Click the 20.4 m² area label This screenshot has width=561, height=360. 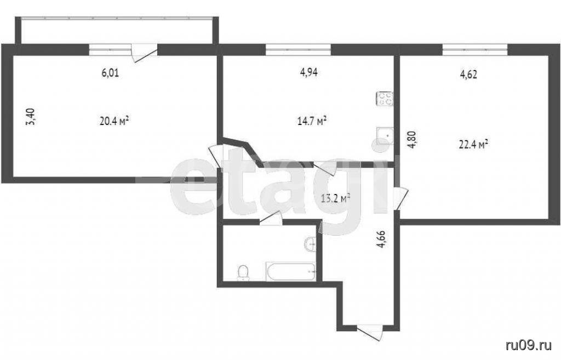(114, 121)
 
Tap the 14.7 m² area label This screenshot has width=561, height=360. (312, 121)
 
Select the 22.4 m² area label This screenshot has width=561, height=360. (474, 145)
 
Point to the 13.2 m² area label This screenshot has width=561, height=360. (335, 198)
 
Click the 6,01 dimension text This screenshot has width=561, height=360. (110, 73)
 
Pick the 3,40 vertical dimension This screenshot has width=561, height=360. (31, 117)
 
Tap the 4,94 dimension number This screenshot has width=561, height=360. (309, 73)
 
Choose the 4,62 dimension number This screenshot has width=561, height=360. (468, 75)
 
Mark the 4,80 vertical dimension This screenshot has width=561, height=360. (413, 140)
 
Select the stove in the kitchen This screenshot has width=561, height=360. (385, 99)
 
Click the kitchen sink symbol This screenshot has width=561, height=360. (385, 136)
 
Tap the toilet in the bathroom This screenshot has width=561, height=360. (243, 273)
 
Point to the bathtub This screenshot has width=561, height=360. (291, 272)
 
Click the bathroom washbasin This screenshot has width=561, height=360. (310, 244)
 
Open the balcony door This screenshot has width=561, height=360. (144, 53)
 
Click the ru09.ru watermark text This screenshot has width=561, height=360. (529, 346)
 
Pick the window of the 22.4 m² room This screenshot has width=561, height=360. (475, 49)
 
